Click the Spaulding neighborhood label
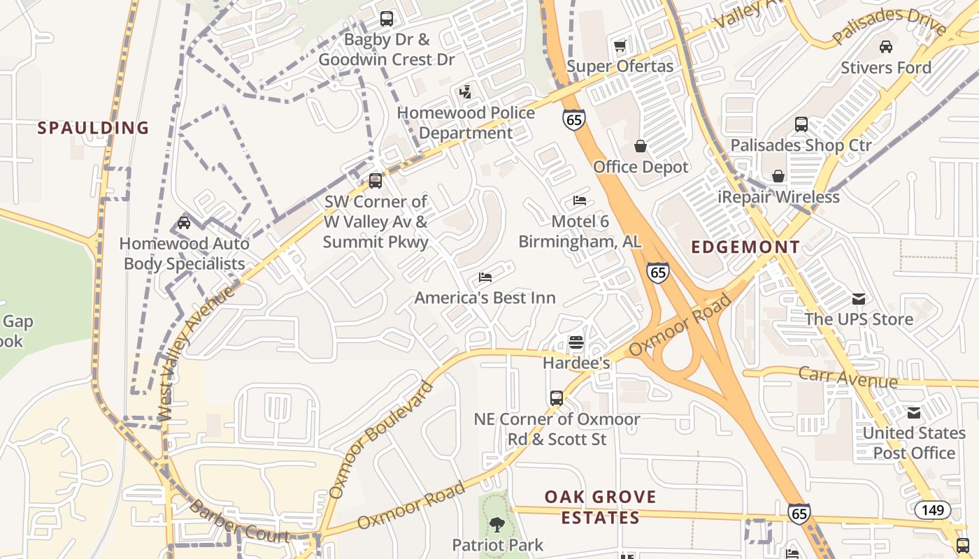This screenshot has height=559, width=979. pos(93,128)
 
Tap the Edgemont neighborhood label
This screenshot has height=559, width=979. pos(745,247)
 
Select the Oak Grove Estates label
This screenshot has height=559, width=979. pos(601,507)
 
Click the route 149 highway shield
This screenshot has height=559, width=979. pos(933,510)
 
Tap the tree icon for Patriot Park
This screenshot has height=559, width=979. pos(496,524)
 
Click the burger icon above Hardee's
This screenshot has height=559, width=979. pos(576,342)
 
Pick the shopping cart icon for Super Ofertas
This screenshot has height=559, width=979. pos(620,46)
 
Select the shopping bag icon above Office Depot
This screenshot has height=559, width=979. pos(640,146)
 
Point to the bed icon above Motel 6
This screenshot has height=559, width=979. pos(580,201)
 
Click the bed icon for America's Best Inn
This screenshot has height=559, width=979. pos(485,277)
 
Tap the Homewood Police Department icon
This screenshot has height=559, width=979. pos(465,92)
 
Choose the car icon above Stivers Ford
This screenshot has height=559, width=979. pos(885,47)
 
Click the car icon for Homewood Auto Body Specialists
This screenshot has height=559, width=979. pos(184,223)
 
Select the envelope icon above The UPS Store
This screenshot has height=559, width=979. pos(858,299)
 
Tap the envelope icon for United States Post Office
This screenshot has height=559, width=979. pos(913,413)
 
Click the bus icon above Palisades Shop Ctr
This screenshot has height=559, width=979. pos(801,124)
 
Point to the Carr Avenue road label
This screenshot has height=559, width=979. pos(848,377)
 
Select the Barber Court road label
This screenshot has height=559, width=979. pos(239,523)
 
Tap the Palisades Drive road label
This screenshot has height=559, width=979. pos(889,28)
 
